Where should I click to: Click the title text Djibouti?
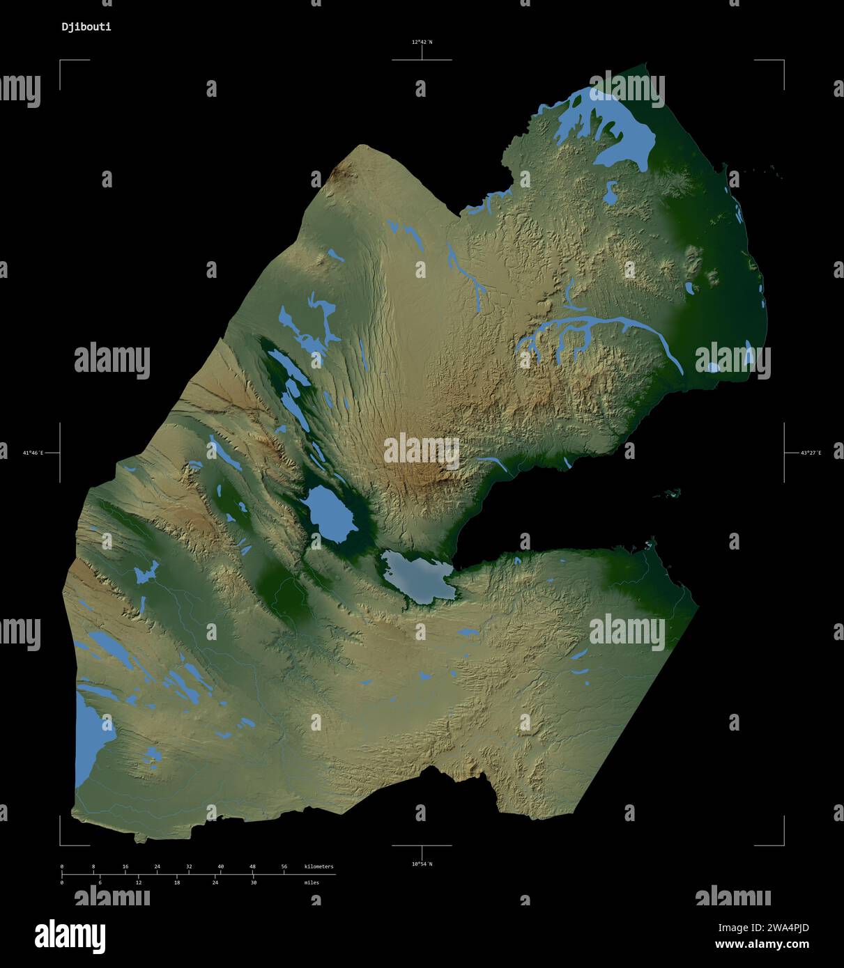86,27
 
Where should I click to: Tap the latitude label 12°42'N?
421,42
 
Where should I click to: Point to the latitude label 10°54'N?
421,864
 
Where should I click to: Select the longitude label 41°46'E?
33,453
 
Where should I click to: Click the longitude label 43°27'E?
811,453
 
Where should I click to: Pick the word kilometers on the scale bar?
319,866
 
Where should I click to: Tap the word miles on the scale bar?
312,882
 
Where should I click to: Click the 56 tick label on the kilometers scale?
284,866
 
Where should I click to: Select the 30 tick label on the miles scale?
253,882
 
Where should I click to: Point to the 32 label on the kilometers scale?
189,866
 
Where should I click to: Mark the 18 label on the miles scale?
176,882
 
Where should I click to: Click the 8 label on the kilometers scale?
93,866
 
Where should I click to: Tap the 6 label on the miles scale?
100,882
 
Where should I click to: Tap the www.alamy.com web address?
762,945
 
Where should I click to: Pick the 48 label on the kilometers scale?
252,866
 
